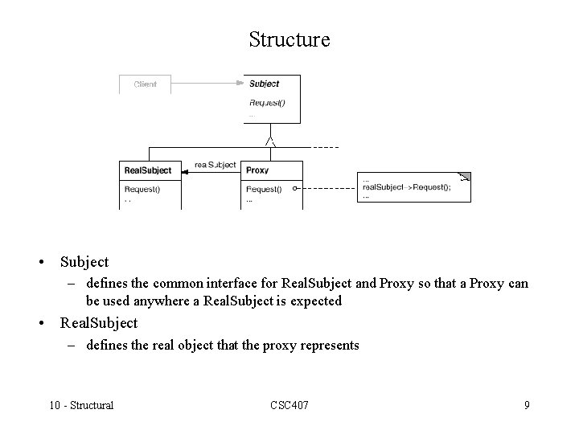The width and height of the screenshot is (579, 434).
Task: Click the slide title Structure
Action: coord(289,39)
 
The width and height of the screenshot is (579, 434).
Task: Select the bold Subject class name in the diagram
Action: coord(265,84)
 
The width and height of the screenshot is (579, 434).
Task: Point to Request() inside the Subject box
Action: coord(267,102)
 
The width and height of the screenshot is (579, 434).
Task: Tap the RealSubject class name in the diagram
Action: coord(148,170)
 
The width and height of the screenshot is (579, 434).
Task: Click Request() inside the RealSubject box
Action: coord(142,190)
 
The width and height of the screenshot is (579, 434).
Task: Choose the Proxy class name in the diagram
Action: coord(257,170)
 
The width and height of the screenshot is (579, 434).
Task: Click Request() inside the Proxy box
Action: coord(264,190)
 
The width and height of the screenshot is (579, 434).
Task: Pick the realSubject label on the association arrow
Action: coord(216,165)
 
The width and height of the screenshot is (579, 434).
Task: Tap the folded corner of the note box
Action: coord(464,177)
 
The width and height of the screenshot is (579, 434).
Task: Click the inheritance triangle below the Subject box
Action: coord(272,141)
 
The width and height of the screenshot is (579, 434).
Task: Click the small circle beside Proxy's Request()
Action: coord(295,190)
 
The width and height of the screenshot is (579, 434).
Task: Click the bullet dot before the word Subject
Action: coord(39,262)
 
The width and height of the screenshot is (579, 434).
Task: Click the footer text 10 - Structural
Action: coord(80,404)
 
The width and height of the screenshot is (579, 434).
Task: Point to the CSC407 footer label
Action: coord(289,404)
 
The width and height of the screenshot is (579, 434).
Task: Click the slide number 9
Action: coord(527,404)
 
